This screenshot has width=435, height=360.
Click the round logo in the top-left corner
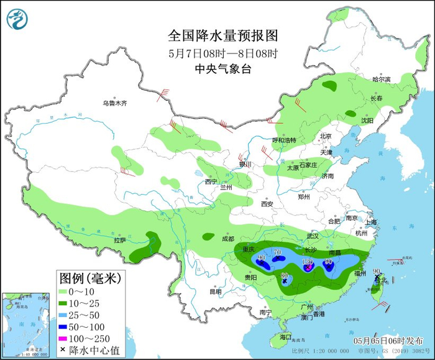coord(18,19)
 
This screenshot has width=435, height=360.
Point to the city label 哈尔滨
coord(381,80)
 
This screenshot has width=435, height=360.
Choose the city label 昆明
coord(215,291)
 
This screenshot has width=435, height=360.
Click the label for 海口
coord(285,336)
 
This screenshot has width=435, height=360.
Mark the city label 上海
coord(372,222)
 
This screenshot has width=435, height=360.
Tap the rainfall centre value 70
coord(278,252)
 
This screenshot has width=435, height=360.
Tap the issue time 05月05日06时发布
coord(385,341)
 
